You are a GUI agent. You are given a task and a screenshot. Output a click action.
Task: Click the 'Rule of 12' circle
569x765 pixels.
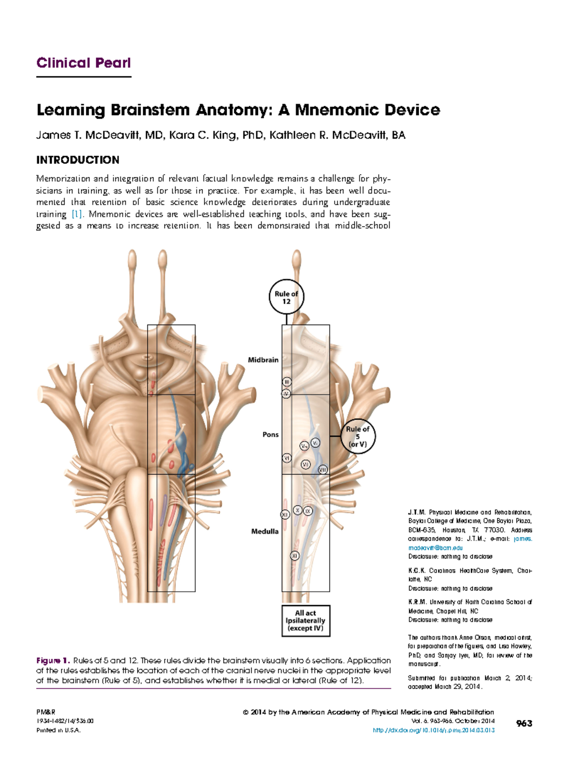[x=286, y=297]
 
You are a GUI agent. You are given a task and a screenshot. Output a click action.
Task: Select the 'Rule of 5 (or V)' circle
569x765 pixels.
[x=358, y=436]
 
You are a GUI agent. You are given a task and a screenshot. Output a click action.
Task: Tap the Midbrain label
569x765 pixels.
[x=263, y=360]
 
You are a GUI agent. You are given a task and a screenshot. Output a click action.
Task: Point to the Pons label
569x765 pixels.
[x=270, y=434]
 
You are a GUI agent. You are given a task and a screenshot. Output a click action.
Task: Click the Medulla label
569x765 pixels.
[x=265, y=531]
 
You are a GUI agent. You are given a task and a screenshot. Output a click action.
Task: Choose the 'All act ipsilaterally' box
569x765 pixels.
[x=305, y=620]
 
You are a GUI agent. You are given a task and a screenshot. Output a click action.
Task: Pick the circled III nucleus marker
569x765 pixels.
[x=286, y=382]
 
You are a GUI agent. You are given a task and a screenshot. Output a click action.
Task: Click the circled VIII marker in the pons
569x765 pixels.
[x=322, y=470]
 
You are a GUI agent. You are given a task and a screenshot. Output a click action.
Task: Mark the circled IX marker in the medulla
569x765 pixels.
[x=308, y=511]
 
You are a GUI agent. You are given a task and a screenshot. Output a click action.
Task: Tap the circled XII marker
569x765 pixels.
[x=284, y=514]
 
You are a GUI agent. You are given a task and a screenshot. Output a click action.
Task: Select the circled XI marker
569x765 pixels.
[x=295, y=555]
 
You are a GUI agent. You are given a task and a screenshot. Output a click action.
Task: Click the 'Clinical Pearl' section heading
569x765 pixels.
[x=83, y=63]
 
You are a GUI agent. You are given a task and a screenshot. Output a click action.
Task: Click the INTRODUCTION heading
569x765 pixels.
[x=78, y=160]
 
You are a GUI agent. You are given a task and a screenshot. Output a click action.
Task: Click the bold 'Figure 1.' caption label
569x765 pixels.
[x=53, y=660]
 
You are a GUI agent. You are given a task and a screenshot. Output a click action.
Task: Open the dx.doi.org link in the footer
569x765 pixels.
[x=434, y=730]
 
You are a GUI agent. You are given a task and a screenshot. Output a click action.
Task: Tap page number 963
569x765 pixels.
[x=524, y=723]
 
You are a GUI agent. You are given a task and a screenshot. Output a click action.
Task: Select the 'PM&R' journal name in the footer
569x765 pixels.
[x=46, y=712]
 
